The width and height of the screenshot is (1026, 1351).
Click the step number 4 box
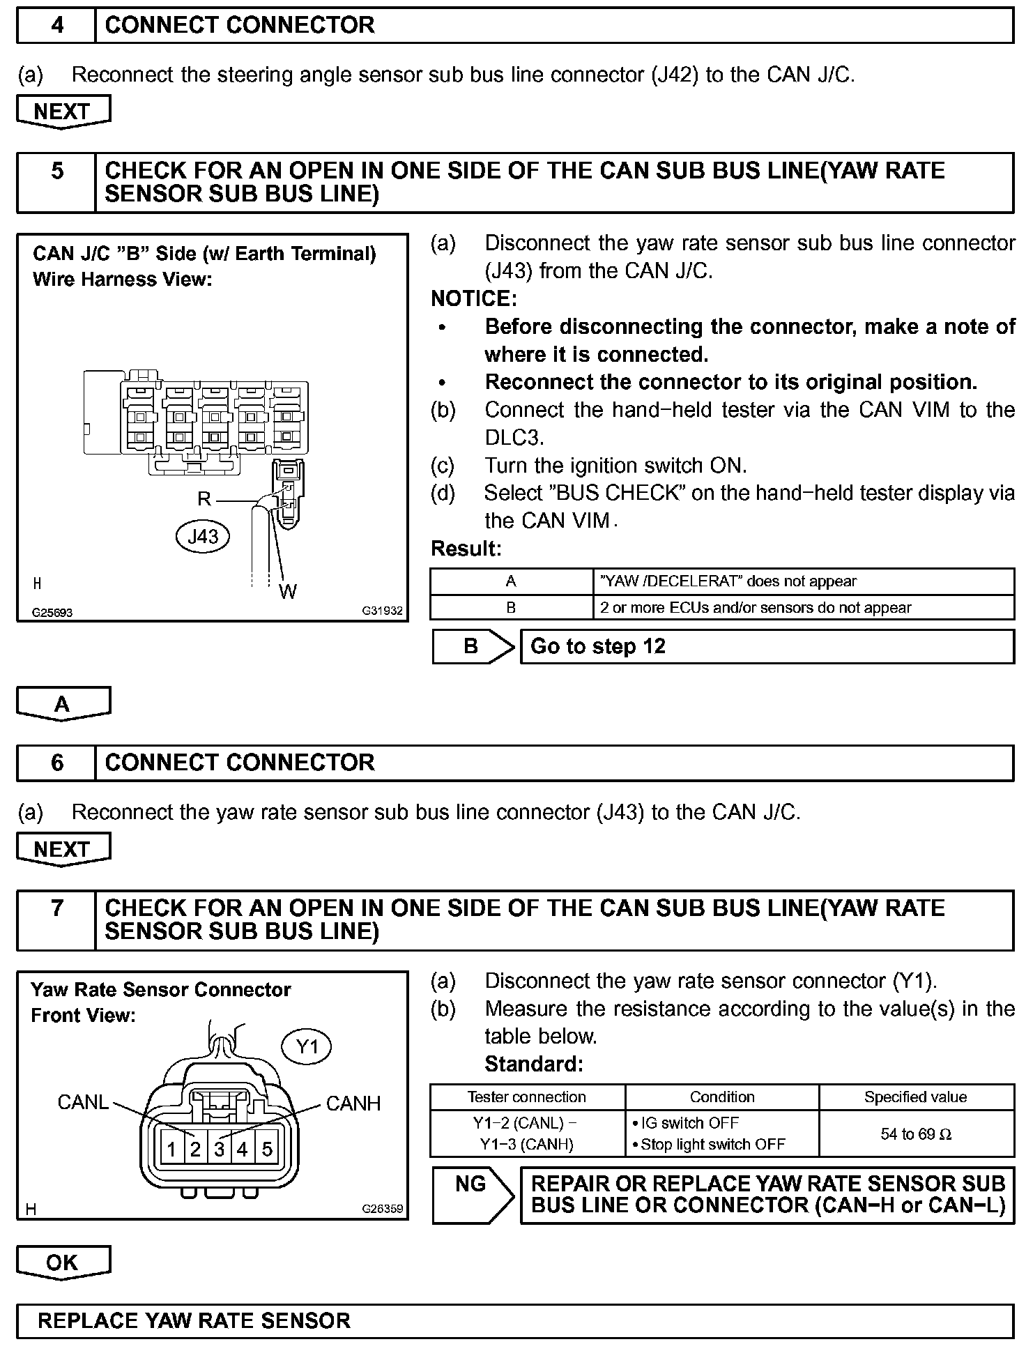pos(56,26)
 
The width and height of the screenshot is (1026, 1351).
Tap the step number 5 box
pos(56,183)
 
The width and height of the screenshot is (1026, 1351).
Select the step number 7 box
pos(56,919)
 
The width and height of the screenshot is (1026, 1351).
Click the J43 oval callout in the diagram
pos(203,536)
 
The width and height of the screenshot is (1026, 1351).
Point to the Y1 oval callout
pos(307,1046)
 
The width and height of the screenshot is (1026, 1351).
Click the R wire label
pos(204,498)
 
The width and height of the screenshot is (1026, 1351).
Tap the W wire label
pos(288,592)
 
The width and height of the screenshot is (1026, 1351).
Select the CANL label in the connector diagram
pos(83,1102)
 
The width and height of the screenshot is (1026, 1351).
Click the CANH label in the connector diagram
pos(353,1104)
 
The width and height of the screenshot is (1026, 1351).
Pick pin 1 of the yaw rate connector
pos(171,1149)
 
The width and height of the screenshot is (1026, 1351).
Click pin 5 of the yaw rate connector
pos(267,1149)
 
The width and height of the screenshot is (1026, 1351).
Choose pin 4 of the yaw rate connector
pos(243,1149)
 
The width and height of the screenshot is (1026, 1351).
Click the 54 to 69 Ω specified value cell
pos(916,1134)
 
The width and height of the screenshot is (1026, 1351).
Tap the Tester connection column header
pos(527,1097)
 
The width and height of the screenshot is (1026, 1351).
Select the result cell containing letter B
pos(511,608)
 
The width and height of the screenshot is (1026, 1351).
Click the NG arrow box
pos(473,1195)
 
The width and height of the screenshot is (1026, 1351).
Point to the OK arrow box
pos(63,1263)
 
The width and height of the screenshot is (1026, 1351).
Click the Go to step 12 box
pos(767,647)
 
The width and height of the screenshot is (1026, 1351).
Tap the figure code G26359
pos(382,1209)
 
